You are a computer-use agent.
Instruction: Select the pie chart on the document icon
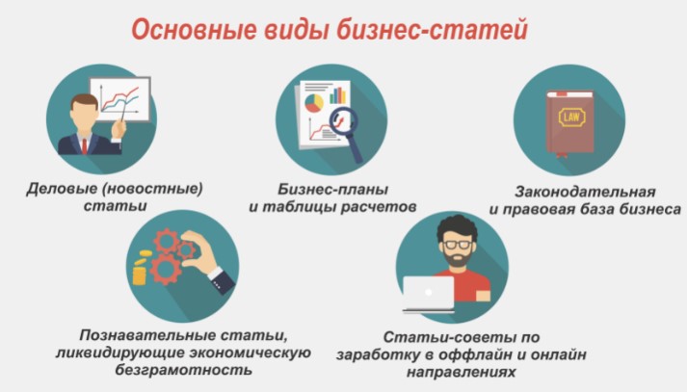tap(313, 99)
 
